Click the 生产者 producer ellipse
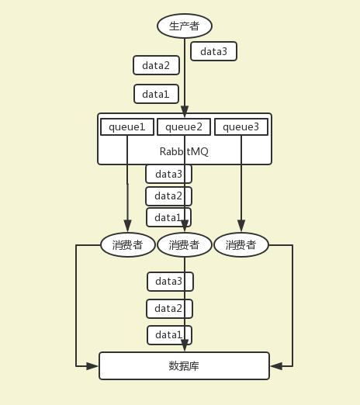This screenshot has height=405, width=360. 184,26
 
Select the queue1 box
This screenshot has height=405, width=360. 127,126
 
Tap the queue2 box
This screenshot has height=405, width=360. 184,126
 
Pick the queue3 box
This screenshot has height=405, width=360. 241,126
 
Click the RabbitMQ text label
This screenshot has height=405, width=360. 184,151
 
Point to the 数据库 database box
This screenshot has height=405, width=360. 184,365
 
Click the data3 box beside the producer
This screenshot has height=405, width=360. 213,51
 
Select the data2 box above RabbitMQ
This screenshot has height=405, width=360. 156,65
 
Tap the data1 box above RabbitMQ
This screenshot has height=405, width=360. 156,94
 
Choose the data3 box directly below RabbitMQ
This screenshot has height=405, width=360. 168,174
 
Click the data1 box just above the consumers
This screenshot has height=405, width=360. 168,217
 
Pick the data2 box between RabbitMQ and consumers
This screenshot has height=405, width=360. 168,196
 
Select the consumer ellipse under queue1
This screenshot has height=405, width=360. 127,245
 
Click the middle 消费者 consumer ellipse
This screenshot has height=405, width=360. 184,245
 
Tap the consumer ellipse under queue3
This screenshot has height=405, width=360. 241,245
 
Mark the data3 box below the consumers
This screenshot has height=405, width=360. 170,281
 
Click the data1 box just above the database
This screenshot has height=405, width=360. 169,335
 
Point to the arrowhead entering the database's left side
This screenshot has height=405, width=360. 94,365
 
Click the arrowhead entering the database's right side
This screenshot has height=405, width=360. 275,365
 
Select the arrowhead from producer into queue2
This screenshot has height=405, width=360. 184,112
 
